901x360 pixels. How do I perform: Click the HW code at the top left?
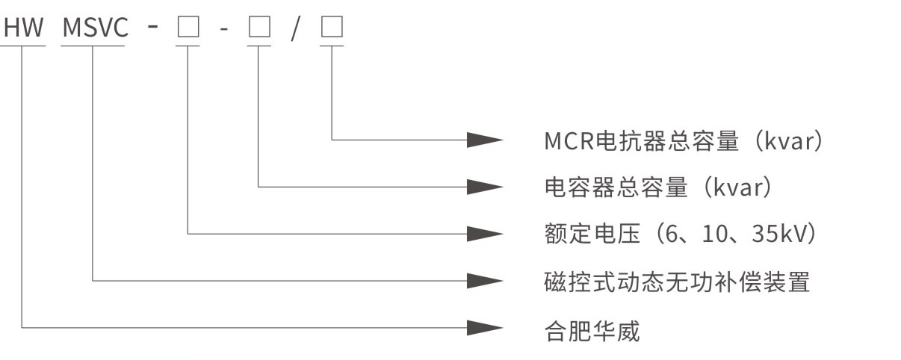(x=25, y=28)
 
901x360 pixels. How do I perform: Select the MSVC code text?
(x=95, y=28)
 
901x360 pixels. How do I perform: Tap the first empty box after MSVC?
(x=187, y=28)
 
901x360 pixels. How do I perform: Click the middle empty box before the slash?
(x=258, y=28)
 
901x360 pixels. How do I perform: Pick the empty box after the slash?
(x=332, y=28)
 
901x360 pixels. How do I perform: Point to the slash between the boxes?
(x=295, y=28)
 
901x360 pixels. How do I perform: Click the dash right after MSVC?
(x=152, y=28)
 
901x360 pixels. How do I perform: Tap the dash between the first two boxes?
(x=223, y=28)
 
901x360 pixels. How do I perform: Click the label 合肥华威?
(x=592, y=329)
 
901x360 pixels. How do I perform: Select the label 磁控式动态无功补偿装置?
(x=677, y=282)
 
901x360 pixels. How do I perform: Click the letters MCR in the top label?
(x=569, y=140)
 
